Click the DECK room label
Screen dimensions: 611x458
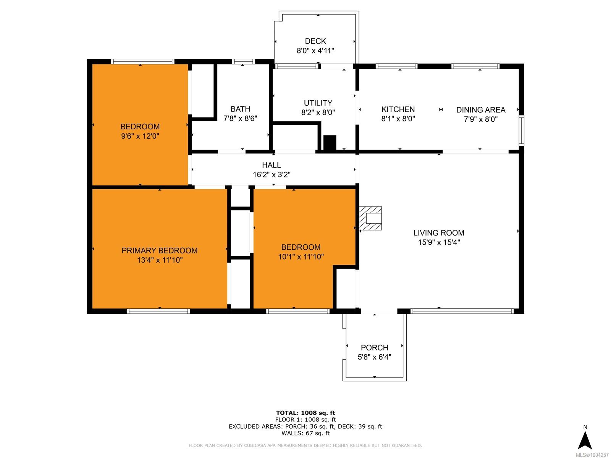click(315, 41)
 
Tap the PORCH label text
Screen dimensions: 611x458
click(374, 348)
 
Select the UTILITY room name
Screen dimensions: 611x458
click(318, 103)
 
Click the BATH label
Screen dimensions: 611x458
click(240, 109)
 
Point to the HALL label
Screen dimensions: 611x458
click(272, 165)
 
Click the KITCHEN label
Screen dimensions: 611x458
click(398, 109)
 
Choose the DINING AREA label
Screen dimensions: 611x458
click(480, 110)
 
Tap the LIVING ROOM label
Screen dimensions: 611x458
click(439, 233)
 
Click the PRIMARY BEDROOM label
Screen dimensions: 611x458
click(160, 250)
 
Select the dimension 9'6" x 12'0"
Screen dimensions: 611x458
click(140, 136)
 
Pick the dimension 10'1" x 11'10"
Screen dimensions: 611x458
click(301, 256)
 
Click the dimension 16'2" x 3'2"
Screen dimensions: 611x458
click(272, 175)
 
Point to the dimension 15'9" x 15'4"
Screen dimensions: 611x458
click(439, 242)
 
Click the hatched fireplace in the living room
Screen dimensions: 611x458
click(370, 218)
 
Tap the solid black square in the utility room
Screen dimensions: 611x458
click(330, 143)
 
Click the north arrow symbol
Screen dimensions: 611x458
click(585, 440)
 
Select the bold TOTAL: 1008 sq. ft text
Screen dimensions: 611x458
click(305, 413)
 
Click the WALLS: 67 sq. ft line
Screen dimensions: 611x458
click(305, 433)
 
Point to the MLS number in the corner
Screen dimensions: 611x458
click(592, 455)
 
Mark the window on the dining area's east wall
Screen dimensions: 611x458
click(521, 131)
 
